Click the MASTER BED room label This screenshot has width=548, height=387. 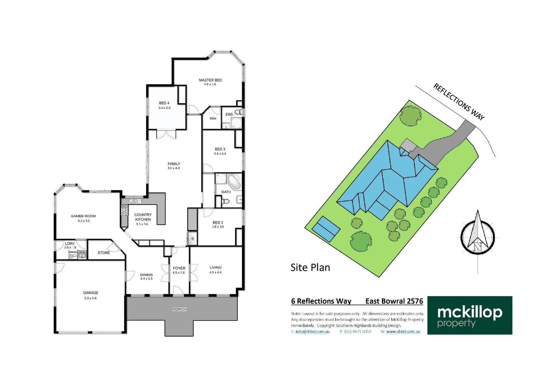211,80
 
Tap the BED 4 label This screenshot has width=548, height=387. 164,103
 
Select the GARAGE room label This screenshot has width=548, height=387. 91,293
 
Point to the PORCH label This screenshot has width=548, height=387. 180,309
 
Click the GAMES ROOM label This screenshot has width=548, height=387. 83,216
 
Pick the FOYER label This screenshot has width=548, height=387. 179,268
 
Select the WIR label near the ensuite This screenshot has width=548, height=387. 213,119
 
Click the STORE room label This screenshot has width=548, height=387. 104,253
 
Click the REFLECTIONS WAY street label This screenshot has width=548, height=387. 459,102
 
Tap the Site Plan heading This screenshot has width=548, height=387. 310,268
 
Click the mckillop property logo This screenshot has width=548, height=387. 469,315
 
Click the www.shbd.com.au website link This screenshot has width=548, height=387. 403,332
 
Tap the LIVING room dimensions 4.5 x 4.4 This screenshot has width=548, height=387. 216,272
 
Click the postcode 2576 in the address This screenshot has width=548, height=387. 415,301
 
